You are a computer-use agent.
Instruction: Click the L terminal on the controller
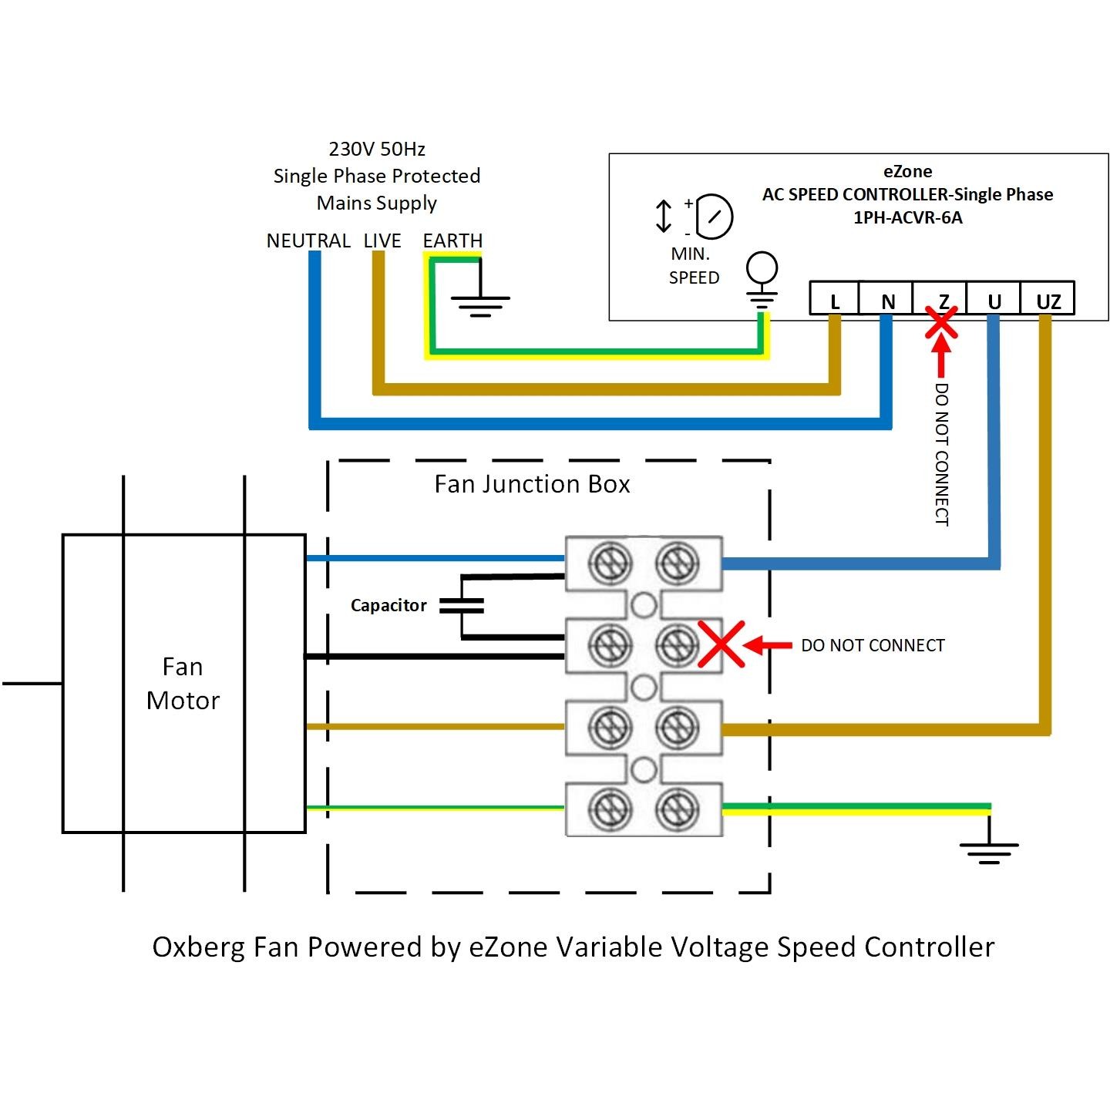pos(835,299)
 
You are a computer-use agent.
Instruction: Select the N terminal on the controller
pos(888,299)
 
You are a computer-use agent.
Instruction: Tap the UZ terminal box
pos(1048,299)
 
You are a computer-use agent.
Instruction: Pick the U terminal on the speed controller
pos(994,299)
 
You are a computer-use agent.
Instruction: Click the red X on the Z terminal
pos(941,323)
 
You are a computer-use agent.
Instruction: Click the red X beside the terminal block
pos(721,644)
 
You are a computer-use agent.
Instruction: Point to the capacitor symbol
pos(462,606)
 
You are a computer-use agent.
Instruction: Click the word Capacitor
pos(388,606)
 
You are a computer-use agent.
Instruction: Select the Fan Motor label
pos(183,683)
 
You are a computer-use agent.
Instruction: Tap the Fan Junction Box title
pos(532,484)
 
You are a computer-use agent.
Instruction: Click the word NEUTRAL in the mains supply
pos(308,240)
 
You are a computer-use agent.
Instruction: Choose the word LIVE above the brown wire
pos(382,240)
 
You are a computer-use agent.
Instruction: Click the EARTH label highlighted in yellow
pos(452,240)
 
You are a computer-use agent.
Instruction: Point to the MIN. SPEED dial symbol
pos(715,215)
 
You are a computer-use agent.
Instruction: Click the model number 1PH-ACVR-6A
pos(907,217)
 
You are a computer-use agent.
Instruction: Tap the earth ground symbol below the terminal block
pos(989,851)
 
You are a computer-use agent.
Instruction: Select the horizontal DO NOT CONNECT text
pos(873,645)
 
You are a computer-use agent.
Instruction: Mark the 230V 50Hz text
pos(377,149)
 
